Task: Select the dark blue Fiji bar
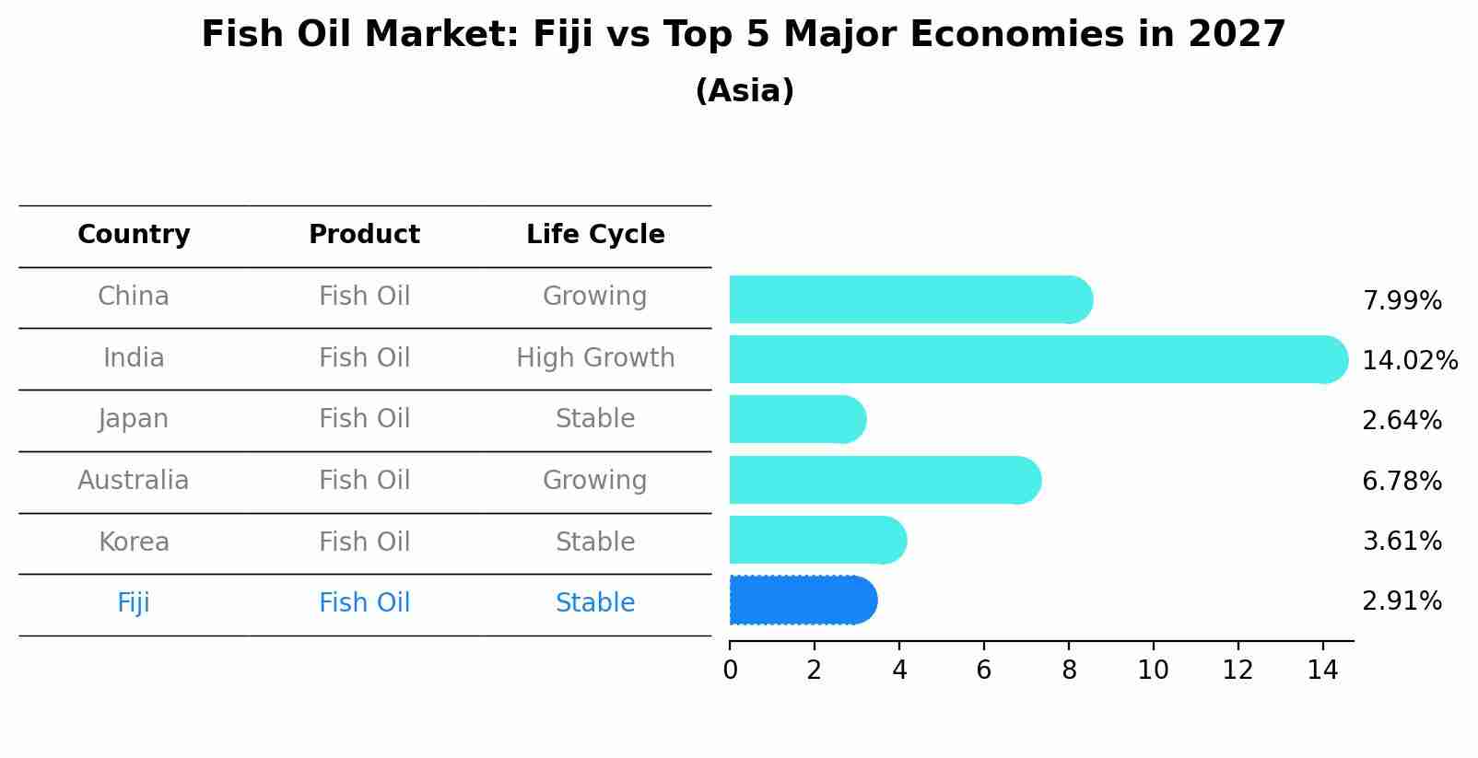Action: click(802, 601)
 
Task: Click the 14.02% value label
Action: click(1410, 360)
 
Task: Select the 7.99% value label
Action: click(1402, 300)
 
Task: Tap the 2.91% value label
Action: click(1402, 601)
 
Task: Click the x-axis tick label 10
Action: click(1153, 671)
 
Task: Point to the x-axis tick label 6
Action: click(983, 671)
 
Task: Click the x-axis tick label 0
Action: click(730, 671)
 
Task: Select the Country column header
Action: click(134, 235)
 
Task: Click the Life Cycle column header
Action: click(595, 235)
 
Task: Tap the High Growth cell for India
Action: click(595, 357)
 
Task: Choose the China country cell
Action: click(134, 297)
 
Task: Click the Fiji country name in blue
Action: click(134, 603)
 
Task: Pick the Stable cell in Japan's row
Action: click(595, 419)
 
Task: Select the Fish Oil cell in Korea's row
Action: click(364, 542)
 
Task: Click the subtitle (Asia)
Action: click(745, 91)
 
